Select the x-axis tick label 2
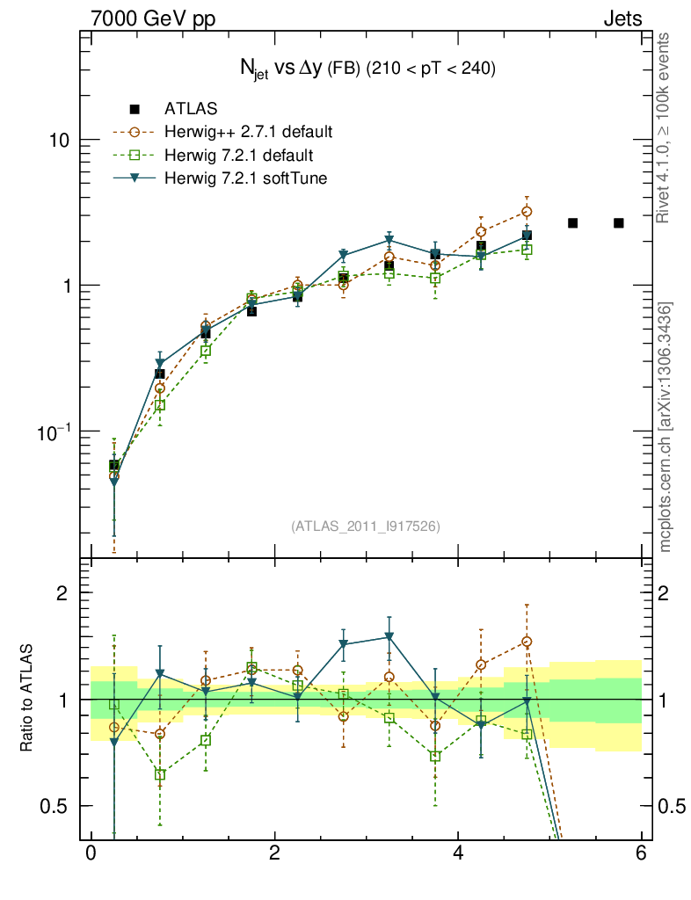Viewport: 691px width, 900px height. point(274,853)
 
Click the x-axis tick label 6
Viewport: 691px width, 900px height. point(641,853)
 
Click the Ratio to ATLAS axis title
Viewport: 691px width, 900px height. point(27,700)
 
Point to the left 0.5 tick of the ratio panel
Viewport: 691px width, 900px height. point(56,806)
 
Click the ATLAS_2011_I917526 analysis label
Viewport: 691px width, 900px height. point(365,526)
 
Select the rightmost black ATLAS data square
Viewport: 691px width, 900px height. point(619,223)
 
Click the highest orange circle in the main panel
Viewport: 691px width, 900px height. point(527,212)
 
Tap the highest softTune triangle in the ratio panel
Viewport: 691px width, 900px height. point(389,637)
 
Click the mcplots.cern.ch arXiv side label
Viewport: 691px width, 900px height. point(666,428)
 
